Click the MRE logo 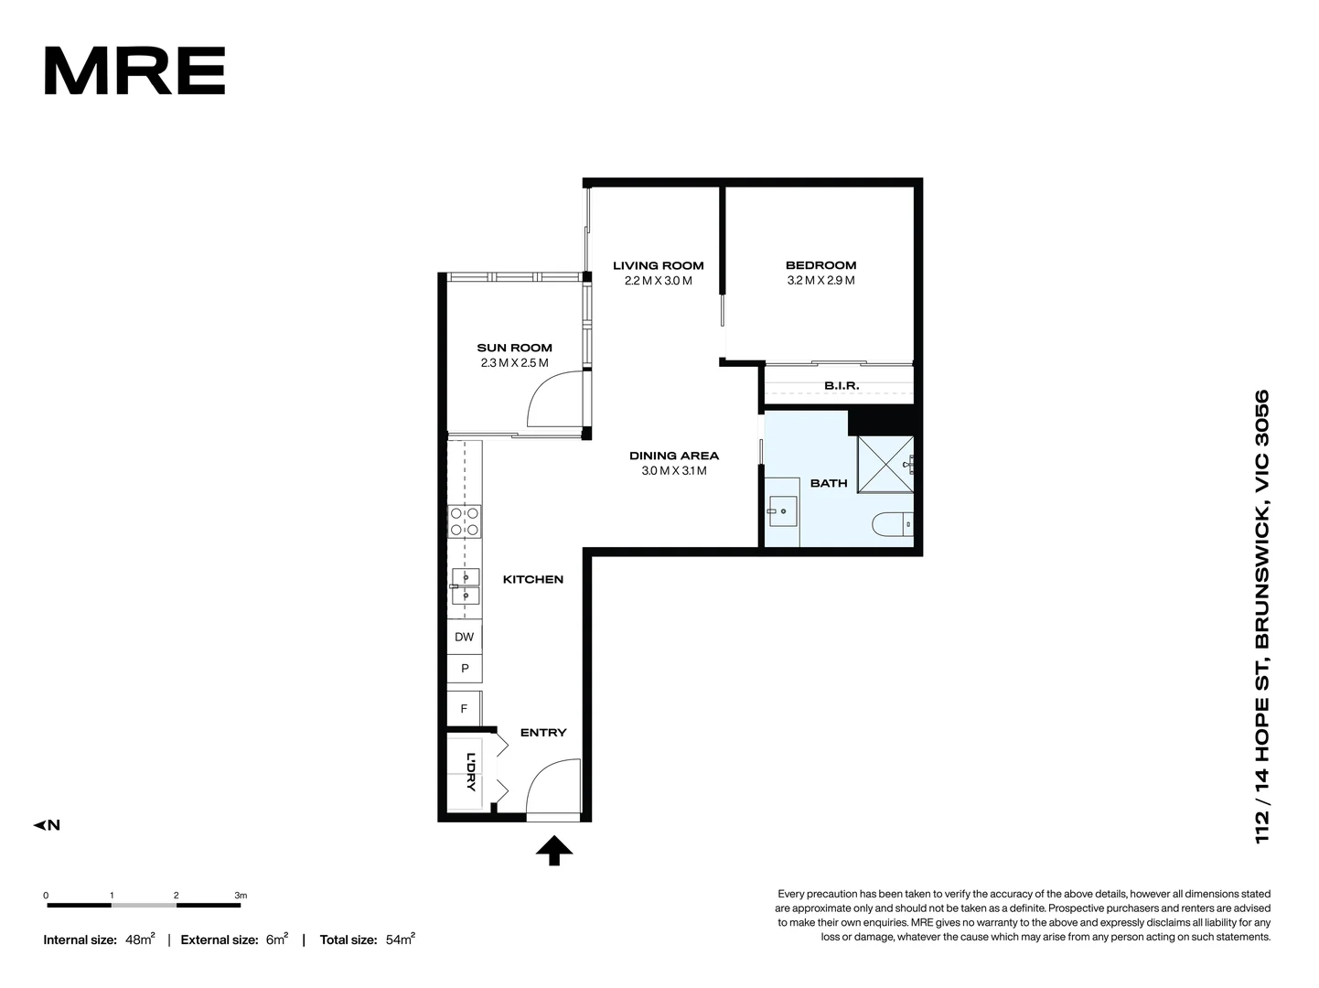pos(134,71)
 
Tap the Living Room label pos(658,265)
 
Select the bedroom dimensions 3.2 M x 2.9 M pos(820,281)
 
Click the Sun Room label pos(514,348)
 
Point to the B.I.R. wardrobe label pos(842,386)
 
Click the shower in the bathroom pos(885,465)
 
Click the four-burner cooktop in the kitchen pos(465,521)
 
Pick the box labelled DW pos(464,637)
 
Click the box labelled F pos(464,709)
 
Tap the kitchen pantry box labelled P pos(465,669)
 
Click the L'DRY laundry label pos(470,772)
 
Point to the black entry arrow pos(554,851)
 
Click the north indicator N pos(48,825)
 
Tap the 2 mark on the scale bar pos(176,896)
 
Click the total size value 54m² pos(401,940)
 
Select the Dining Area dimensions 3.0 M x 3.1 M pos(674,471)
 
